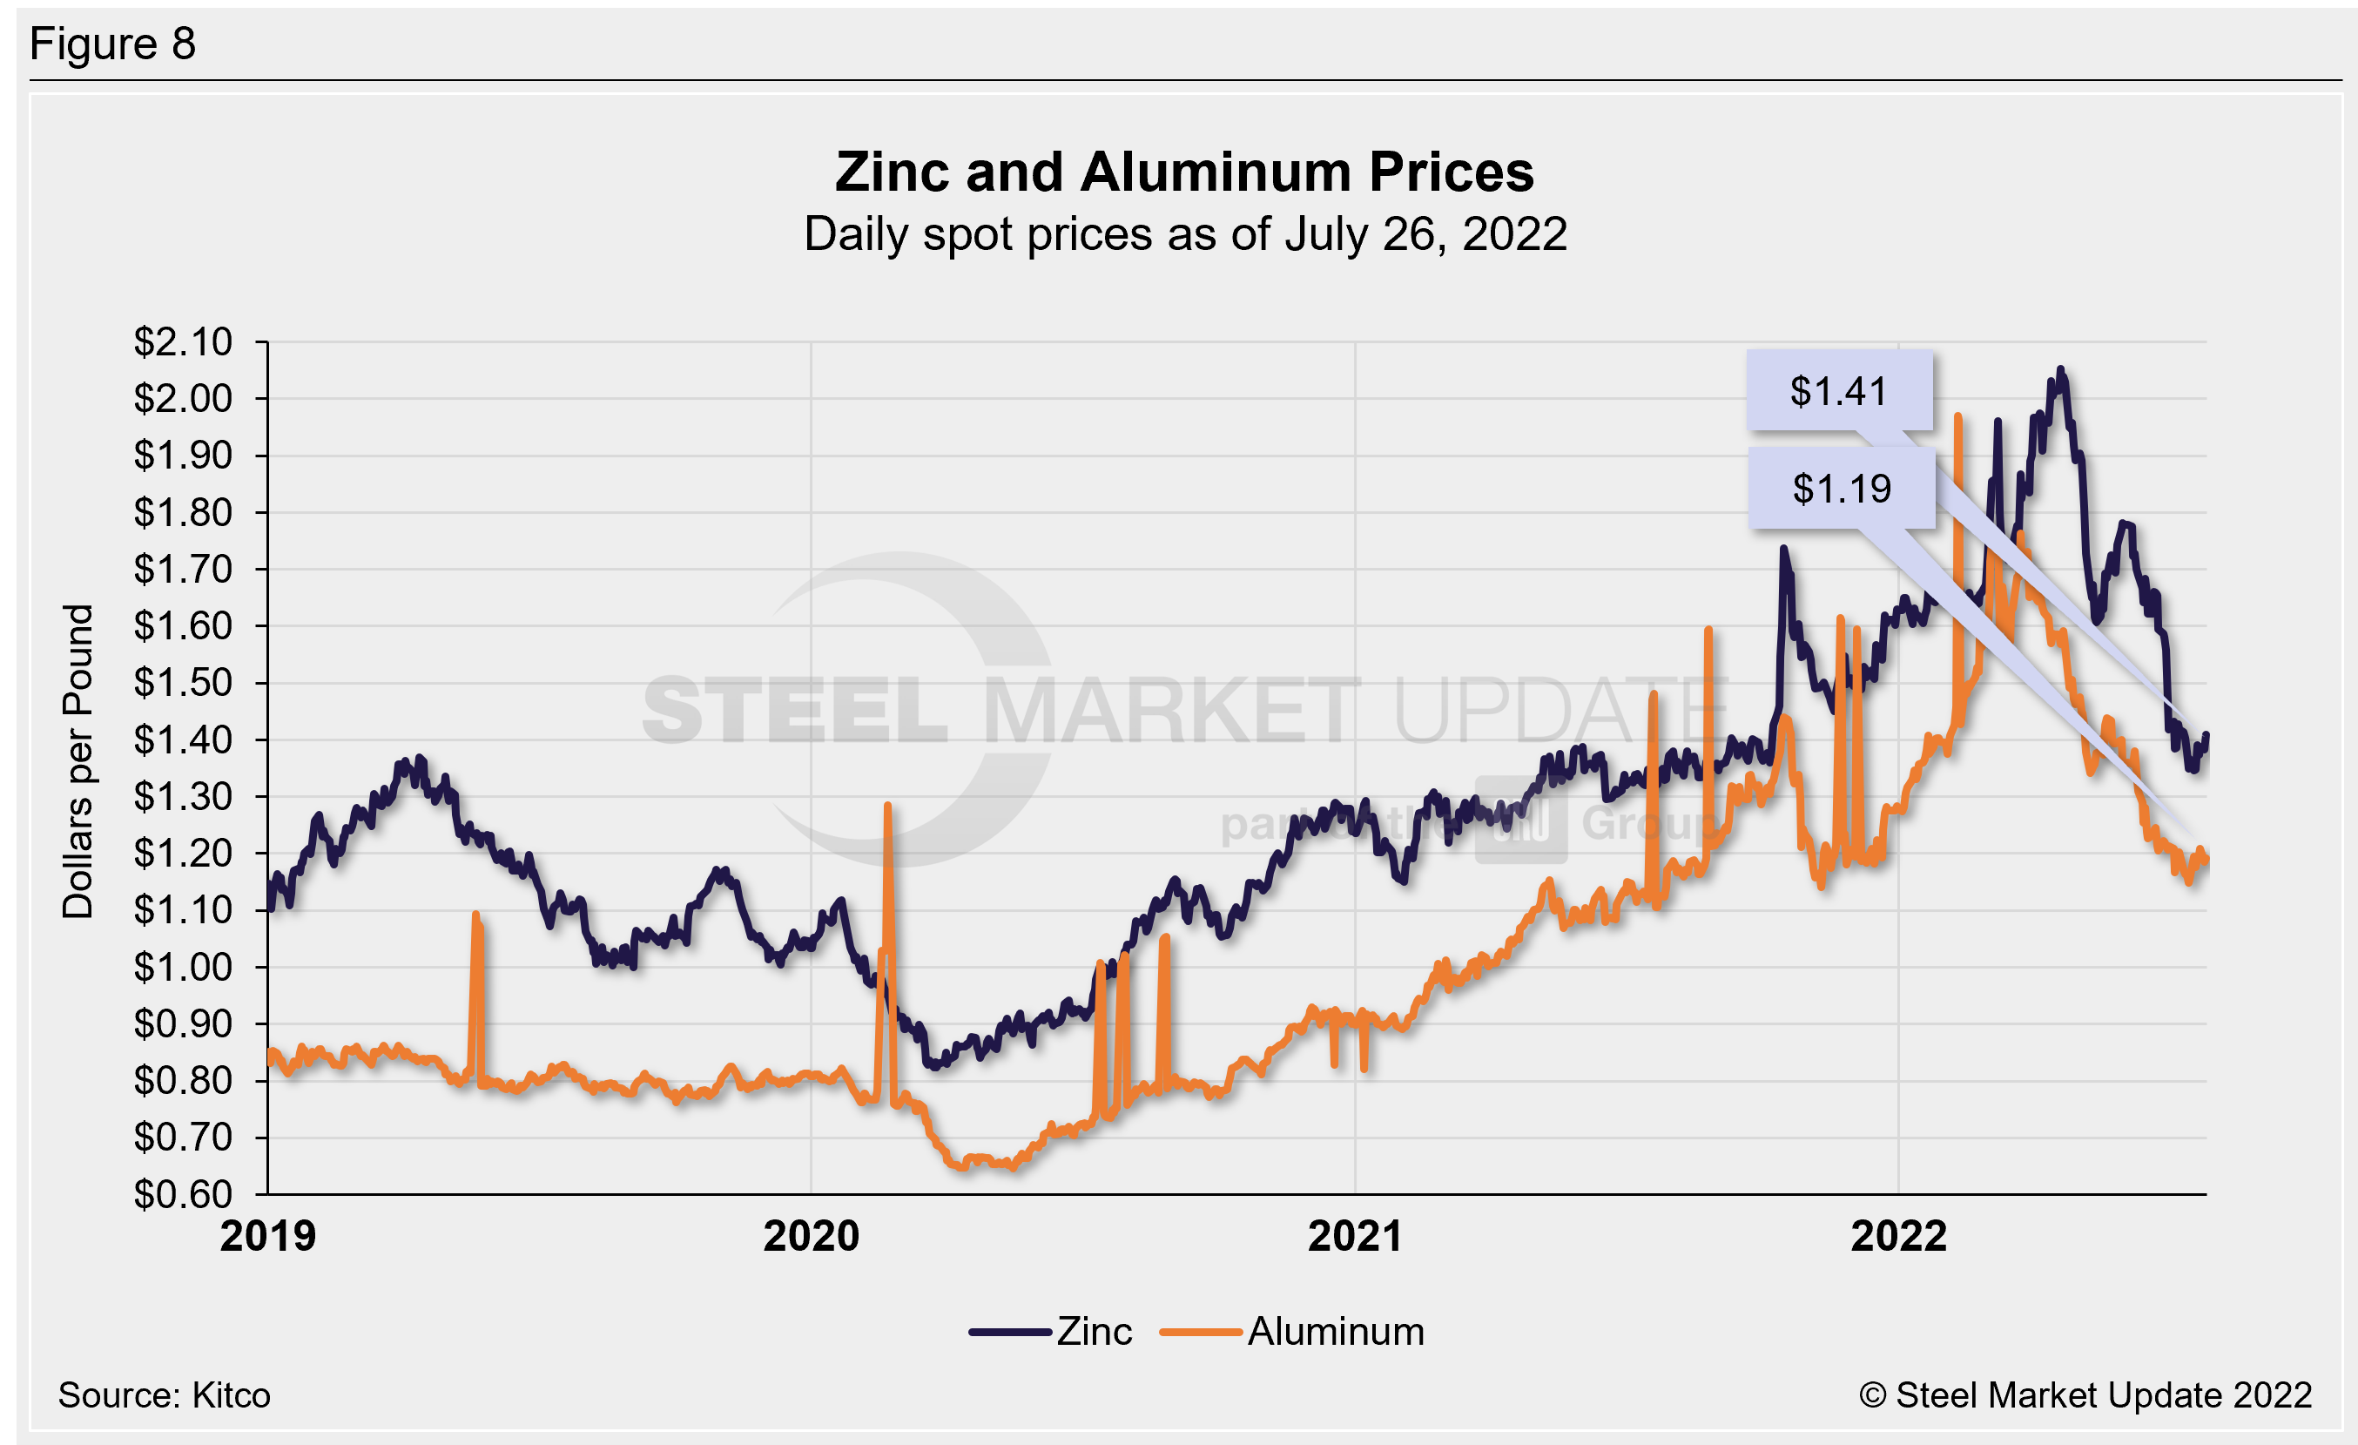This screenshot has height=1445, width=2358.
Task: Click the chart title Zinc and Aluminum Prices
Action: (1183, 172)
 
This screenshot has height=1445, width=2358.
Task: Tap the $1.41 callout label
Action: (1838, 391)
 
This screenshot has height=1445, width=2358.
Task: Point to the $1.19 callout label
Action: (1842, 489)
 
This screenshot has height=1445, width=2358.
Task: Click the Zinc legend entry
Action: (1093, 1331)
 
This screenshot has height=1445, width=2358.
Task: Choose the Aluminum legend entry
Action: (1335, 1331)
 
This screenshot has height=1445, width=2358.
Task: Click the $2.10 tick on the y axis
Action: (183, 341)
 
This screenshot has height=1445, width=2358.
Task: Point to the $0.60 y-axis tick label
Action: (183, 1194)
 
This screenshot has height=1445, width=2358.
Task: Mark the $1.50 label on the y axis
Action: (183, 682)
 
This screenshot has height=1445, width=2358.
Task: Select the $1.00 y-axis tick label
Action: (183, 968)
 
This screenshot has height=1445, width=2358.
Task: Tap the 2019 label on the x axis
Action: (268, 1236)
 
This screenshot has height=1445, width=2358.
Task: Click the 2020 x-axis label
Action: (811, 1236)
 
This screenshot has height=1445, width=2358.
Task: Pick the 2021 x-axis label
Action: (1354, 1236)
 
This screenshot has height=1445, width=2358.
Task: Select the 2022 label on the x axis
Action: (1897, 1236)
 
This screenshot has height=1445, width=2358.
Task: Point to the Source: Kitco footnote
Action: (164, 1395)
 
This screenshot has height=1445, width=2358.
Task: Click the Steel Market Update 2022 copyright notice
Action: (2085, 1395)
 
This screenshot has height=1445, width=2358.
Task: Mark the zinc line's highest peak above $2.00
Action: (2060, 369)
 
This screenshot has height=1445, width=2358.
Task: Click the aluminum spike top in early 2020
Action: (888, 806)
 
